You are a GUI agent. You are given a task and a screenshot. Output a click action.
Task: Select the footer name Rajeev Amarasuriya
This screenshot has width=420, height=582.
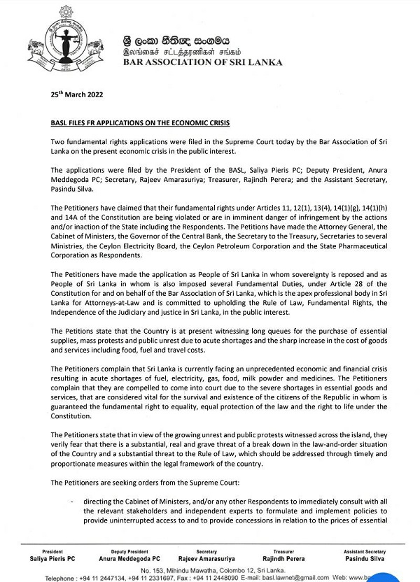click(206, 558)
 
